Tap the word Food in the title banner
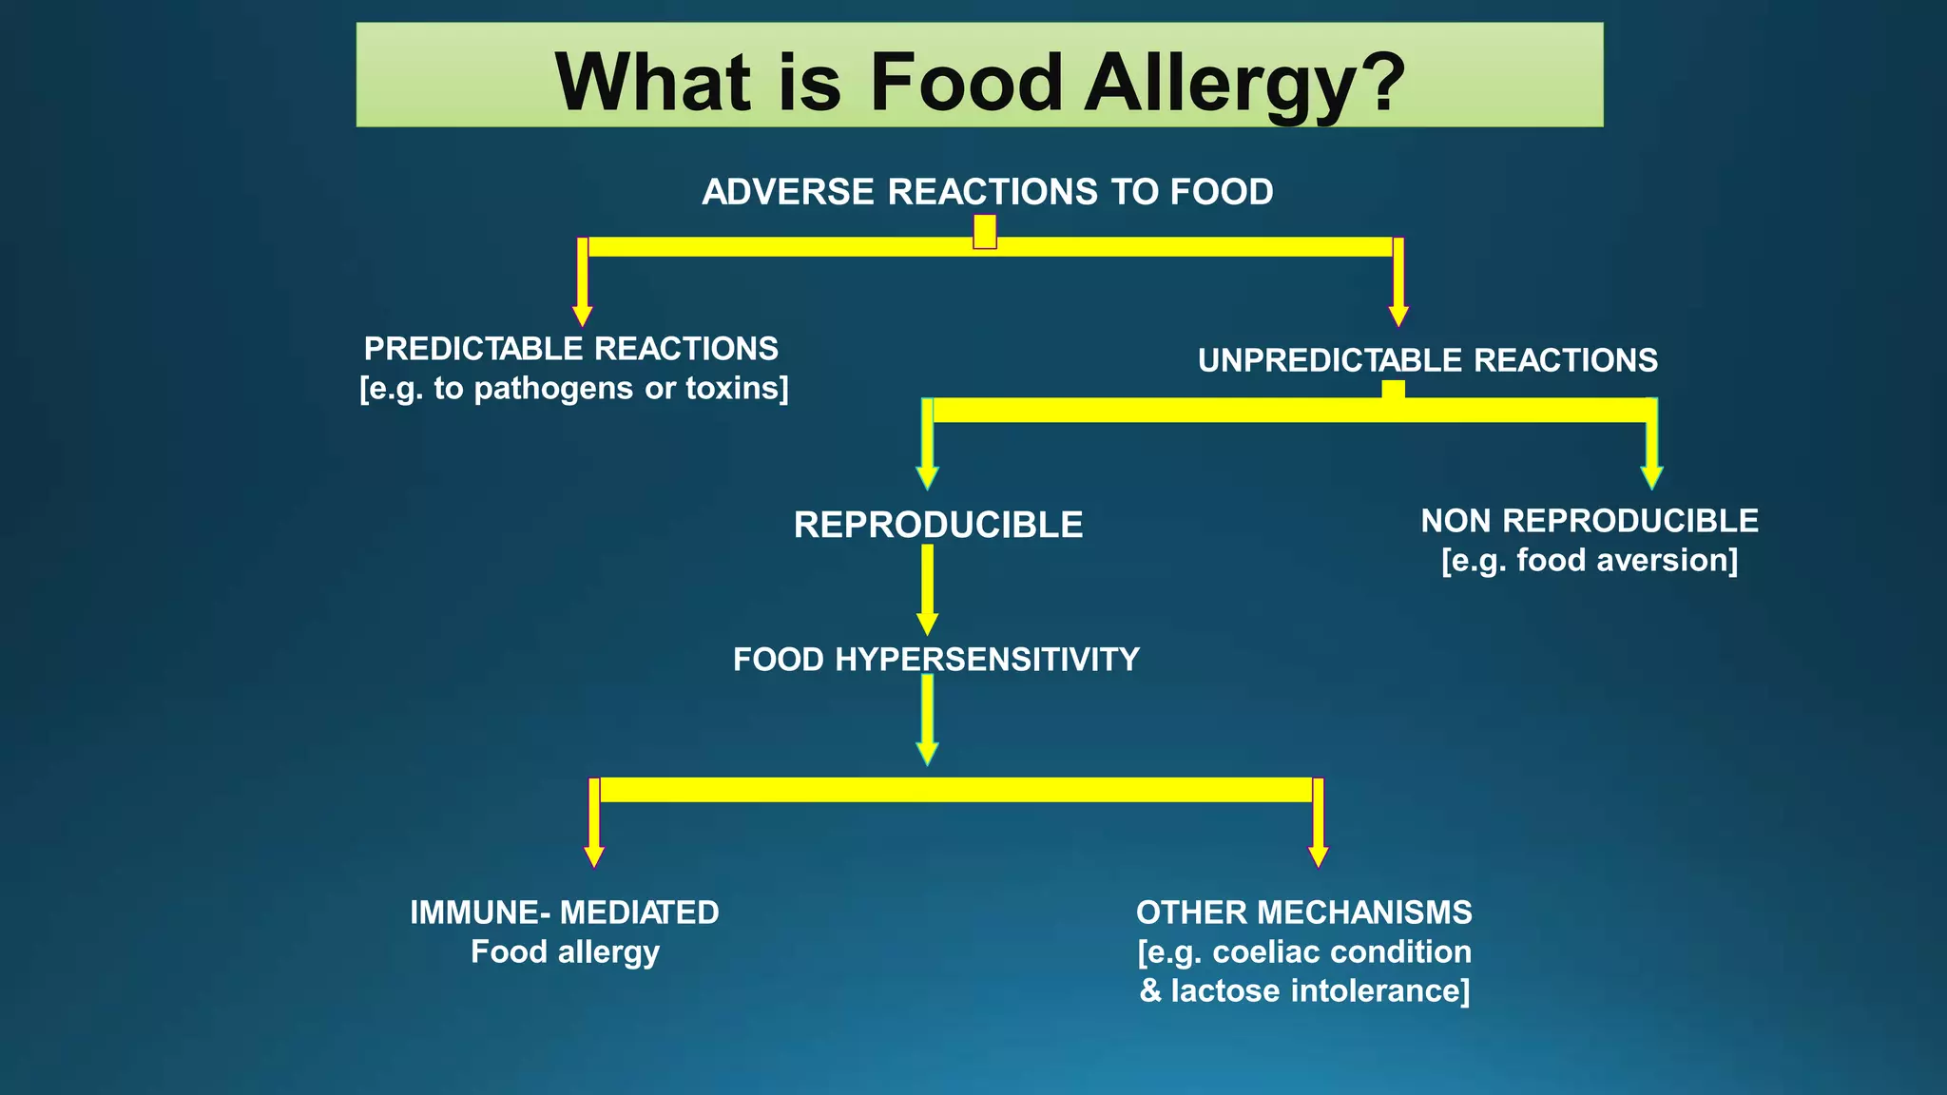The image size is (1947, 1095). [966, 82]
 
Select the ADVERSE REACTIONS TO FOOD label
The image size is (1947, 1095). [987, 192]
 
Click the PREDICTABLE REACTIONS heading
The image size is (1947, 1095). [570, 349]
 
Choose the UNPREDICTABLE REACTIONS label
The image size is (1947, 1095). [1427, 361]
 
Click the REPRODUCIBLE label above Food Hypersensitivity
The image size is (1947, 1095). [937, 525]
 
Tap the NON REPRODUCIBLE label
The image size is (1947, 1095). [1589, 521]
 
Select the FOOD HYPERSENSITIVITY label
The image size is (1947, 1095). [935, 660]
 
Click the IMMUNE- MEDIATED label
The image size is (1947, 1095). [564, 912]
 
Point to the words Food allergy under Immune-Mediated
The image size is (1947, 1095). [565, 951]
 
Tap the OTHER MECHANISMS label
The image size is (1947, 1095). [1303, 912]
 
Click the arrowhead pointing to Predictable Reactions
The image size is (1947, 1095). [583, 316]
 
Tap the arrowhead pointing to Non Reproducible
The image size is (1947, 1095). [1651, 477]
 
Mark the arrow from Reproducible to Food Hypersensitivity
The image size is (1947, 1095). [927, 589]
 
